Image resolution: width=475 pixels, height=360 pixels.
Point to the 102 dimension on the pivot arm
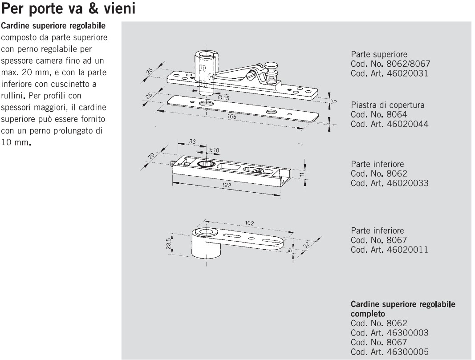pos(249,223)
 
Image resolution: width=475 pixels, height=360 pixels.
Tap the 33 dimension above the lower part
pos(192,142)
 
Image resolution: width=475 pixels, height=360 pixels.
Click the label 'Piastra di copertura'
pos(387,105)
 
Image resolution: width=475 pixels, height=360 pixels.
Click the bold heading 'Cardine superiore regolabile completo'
pos(403,309)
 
